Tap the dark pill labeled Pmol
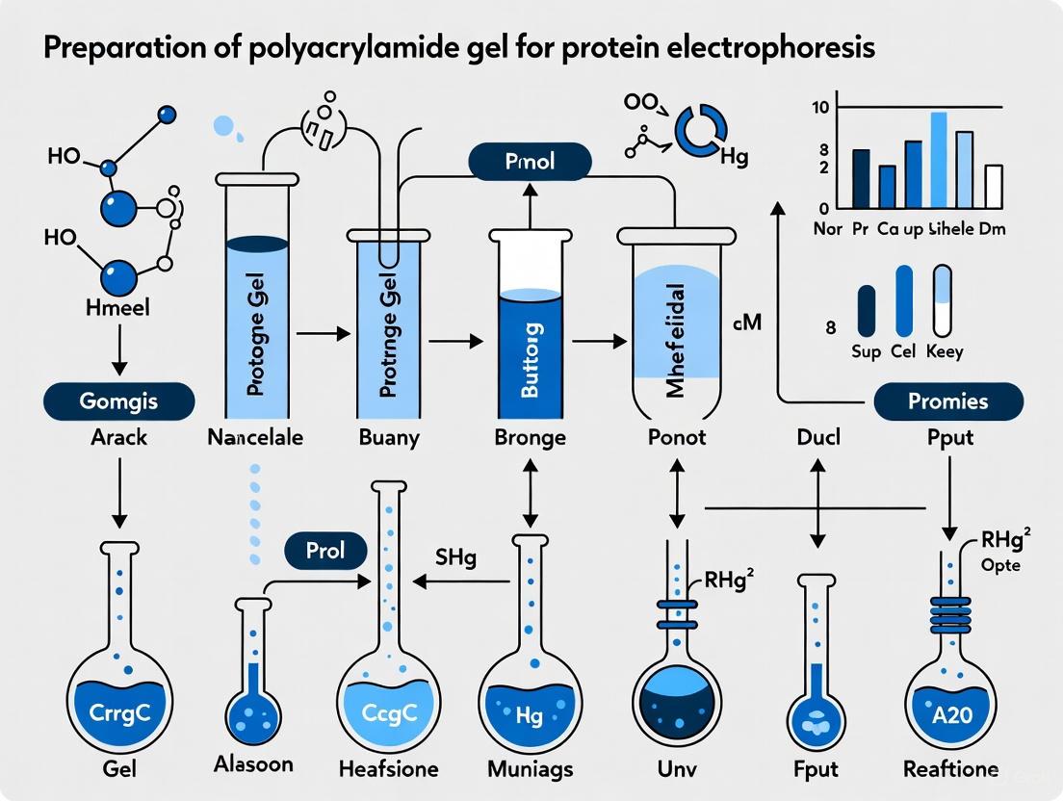click(x=530, y=161)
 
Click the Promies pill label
click(x=947, y=401)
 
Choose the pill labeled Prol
click(x=326, y=551)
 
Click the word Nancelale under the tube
click(x=255, y=437)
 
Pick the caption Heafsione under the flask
click(x=389, y=769)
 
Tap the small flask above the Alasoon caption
click(x=252, y=698)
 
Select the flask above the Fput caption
click(x=817, y=693)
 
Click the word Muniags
click(x=531, y=769)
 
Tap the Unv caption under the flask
click(x=675, y=769)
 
